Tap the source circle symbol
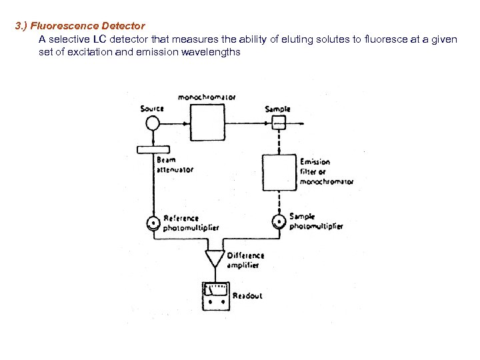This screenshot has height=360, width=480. pos(153,123)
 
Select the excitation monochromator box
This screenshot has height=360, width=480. pos(210,124)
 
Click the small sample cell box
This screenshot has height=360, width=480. pos(278,123)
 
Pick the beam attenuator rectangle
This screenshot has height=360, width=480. pos(153,149)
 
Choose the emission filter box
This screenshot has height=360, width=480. pos(279,173)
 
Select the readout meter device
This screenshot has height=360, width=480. pos(215,295)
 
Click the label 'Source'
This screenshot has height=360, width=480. pos(152,109)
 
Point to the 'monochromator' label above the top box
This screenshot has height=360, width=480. pos(207,97)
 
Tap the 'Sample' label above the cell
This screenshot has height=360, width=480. pos(277,109)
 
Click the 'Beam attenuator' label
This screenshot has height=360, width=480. pos(175,165)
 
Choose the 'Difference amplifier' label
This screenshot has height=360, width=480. pos(245,260)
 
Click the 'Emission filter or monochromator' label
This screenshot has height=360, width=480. pos(326,171)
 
